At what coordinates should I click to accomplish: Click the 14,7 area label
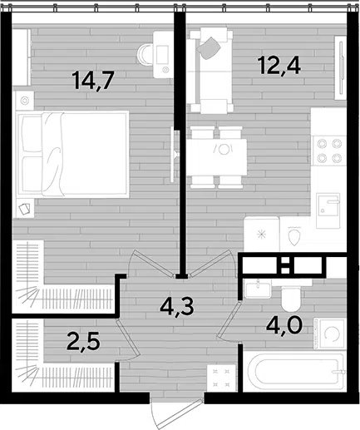point(93,80)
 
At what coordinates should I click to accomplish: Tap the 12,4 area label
point(279,66)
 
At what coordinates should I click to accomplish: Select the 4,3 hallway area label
point(177,306)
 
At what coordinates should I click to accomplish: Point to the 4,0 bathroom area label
point(284,326)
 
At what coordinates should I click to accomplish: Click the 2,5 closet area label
point(83,342)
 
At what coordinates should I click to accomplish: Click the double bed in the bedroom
point(72,154)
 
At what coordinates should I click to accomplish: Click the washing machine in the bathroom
point(329,334)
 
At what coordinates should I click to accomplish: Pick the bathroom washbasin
point(258,289)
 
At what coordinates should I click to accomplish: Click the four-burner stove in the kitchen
point(329,151)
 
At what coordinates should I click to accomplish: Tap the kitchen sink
point(328,210)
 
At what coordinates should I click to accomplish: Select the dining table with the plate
point(217,157)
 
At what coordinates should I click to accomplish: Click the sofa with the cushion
point(210,71)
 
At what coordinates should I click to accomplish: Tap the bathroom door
point(229,320)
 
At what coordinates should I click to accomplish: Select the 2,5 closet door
point(128,339)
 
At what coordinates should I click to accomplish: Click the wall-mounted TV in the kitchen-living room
point(341,67)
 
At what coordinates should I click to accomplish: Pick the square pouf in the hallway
point(221,378)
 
